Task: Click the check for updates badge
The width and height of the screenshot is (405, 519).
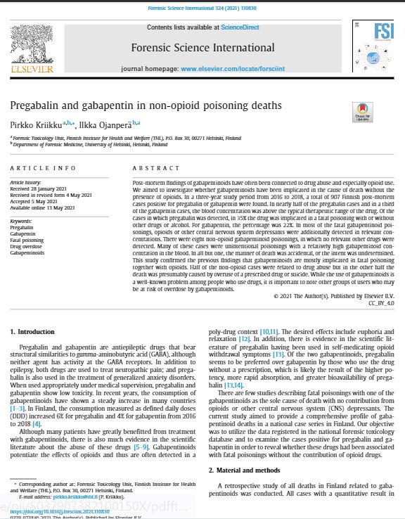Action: [x=362, y=113]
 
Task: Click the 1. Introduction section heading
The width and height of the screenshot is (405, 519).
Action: [x=34, y=331]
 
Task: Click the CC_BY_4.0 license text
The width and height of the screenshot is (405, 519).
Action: [x=381, y=302]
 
